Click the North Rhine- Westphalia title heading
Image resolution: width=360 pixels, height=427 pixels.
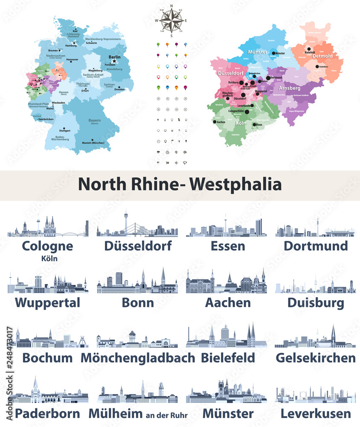(x=180, y=184)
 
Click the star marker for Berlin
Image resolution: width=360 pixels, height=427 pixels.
(x=114, y=61)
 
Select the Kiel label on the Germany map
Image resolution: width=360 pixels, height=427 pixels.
(x=75, y=32)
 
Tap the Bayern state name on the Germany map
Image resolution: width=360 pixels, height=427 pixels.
(x=94, y=121)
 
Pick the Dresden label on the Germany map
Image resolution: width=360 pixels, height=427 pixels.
(x=119, y=89)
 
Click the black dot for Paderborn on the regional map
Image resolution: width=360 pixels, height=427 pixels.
(x=317, y=67)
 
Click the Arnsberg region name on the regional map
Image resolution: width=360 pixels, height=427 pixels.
(x=290, y=88)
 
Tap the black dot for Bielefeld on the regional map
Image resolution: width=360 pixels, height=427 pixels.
(x=308, y=48)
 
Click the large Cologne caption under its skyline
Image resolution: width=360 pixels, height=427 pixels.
(x=47, y=246)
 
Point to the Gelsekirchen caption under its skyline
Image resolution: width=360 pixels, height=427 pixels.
(x=315, y=357)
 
